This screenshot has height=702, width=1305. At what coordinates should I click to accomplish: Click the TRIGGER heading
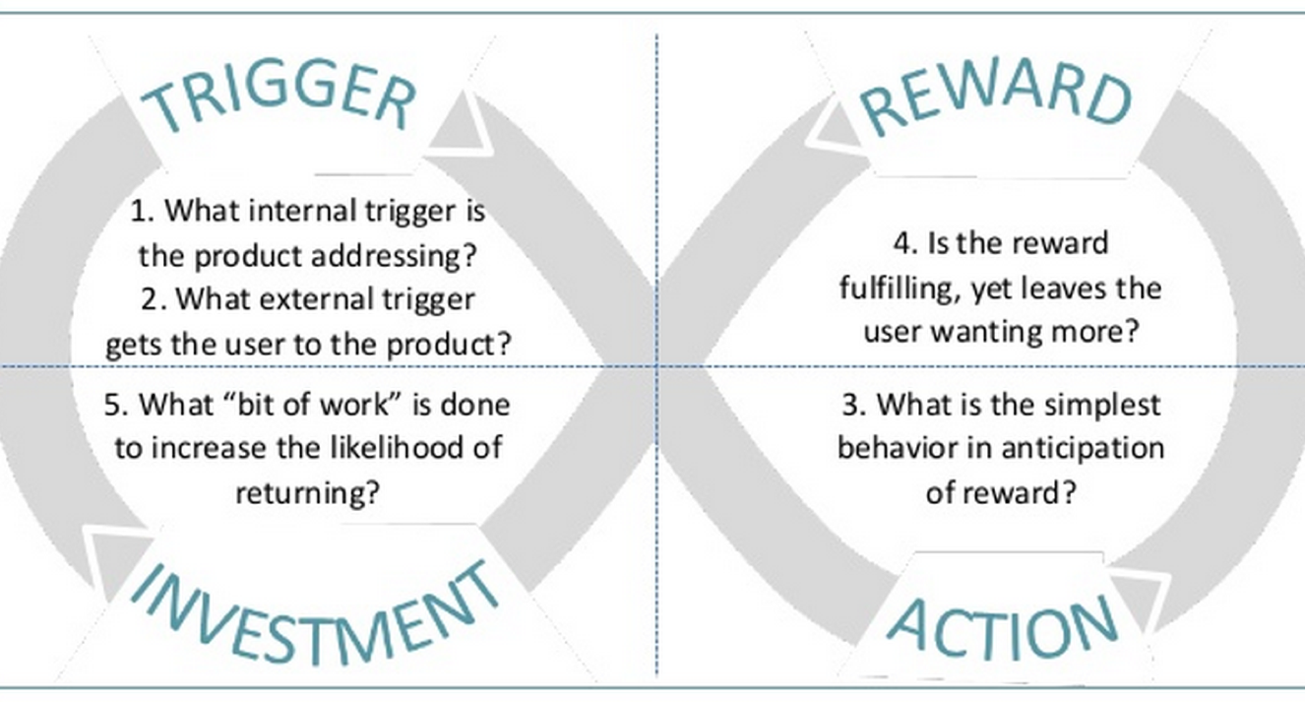coord(280,96)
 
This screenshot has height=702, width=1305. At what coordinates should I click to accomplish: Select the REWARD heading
coord(996,94)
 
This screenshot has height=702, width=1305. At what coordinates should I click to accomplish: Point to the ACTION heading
coord(1002,628)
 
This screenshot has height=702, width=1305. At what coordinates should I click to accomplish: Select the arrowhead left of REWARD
coord(836,128)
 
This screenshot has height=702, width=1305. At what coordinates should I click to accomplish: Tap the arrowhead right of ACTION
coord(1139,601)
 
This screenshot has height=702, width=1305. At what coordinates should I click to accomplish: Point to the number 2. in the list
coord(155,299)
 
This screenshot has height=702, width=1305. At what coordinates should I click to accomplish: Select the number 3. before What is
coord(854,405)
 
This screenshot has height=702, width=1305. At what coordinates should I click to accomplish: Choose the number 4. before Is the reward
coord(906,243)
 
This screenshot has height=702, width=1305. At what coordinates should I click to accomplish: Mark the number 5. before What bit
coord(117,405)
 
